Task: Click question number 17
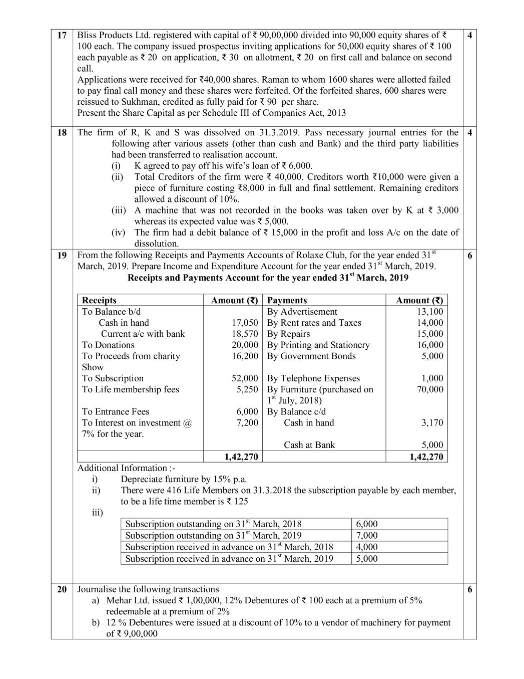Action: [x=62, y=35]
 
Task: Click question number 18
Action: [x=62, y=132]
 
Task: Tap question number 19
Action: [x=62, y=255]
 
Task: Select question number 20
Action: [x=62, y=589]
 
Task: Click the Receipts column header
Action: [x=99, y=300]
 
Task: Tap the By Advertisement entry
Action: [x=302, y=312]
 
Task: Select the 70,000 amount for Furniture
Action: [x=430, y=389]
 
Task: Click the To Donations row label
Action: [x=108, y=345]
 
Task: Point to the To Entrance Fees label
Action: [x=116, y=411]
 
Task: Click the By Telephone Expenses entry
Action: [x=313, y=378]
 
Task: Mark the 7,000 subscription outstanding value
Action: [x=367, y=535]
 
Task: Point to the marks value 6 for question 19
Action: [x=469, y=255]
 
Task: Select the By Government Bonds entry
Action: [x=311, y=356]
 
